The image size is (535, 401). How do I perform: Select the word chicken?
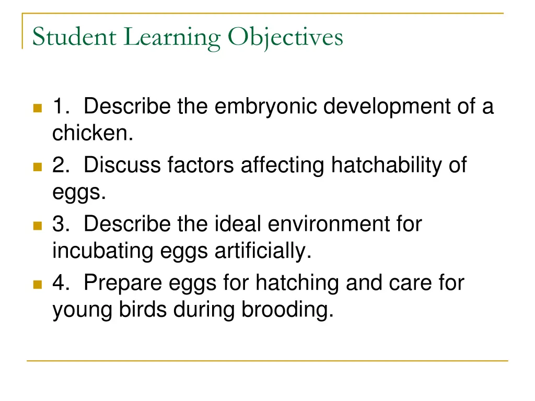92,134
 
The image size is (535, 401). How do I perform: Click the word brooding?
287,310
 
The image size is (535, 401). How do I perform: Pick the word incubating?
100,252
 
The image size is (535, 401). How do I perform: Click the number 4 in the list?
59,283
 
